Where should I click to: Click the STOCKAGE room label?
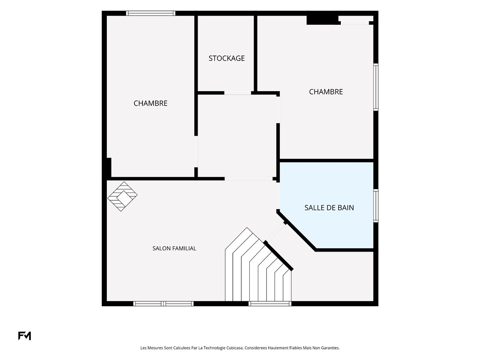click(226, 58)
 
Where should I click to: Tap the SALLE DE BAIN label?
click(329, 208)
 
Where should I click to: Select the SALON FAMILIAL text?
click(174, 248)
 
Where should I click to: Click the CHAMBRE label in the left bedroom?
click(150, 103)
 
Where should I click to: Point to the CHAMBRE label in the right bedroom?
click(326, 92)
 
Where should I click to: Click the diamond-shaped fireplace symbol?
click(122, 196)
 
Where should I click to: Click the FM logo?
click(24, 336)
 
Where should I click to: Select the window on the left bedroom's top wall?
click(151, 13)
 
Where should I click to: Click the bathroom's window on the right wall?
click(376, 206)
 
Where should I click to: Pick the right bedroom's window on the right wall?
click(376, 87)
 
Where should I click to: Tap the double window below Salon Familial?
click(164, 304)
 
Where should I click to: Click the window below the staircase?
click(270, 304)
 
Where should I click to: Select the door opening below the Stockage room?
click(238, 93)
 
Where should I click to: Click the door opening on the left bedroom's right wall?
click(196, 152)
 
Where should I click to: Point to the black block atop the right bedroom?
click(322, 20)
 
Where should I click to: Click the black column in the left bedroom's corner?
click(109, 168)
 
